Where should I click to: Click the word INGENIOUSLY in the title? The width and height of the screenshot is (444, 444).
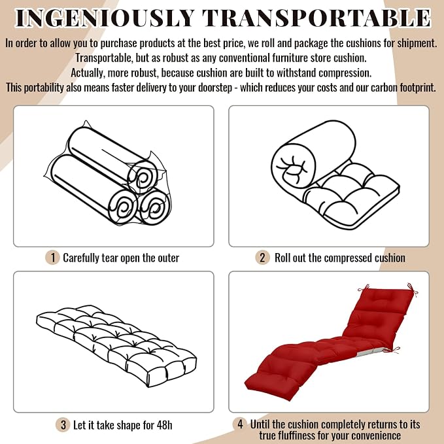105,18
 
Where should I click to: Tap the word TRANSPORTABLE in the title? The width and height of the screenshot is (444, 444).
316,18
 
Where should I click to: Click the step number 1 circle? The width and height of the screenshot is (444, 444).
52,258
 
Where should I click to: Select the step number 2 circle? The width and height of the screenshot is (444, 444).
262,258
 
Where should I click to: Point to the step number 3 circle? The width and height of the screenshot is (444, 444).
63,425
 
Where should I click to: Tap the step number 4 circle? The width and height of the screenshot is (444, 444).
240,424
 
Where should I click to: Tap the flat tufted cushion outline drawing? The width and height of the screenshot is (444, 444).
116,346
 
